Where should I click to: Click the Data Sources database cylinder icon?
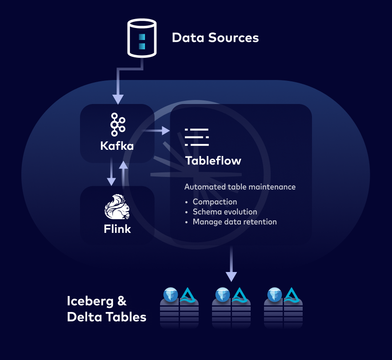coord(142,38)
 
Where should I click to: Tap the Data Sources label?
coord(215,37)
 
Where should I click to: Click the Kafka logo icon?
coord(117,124)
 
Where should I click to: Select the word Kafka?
coord(117,145)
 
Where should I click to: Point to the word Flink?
coord(117,229)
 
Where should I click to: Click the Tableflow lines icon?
coord(196,137)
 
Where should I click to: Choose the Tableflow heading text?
coord(213,160)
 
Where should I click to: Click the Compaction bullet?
coord(215,202)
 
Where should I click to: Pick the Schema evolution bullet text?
coord(224,212)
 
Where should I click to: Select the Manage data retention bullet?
coord(234,221)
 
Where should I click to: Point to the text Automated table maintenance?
coord(240,187)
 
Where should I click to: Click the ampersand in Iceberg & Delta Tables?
coord(122,301)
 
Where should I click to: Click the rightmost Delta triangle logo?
coord(292,295)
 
